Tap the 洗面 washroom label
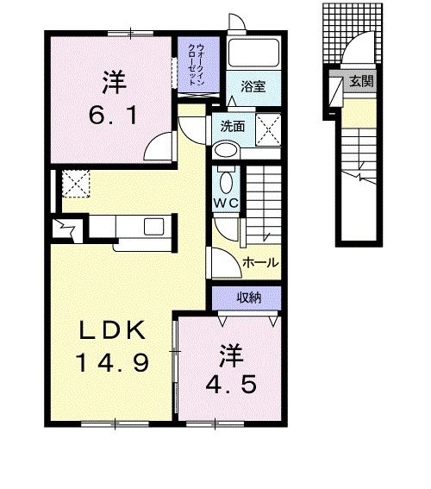click(232, 126)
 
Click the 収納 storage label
click(250, 298)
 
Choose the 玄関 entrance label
click(362, 82)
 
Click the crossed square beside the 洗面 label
click(271, 132)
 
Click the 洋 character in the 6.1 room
click(113, 82)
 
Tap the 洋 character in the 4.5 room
click(228, 353)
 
